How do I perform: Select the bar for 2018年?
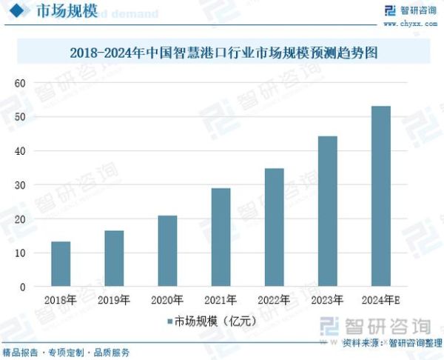coord(61,264)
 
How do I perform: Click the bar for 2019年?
coord(114,259)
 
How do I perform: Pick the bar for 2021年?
coord(221,238)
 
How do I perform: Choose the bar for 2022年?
coord(274,227)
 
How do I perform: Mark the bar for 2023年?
coord(327,211)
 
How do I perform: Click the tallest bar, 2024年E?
coord(380,196)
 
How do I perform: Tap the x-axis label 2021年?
coord(221,301)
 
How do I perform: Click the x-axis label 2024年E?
coord(381,301)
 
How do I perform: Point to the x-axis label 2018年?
coord(61,301)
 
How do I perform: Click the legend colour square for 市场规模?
coord(170,321)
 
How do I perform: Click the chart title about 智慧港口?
coord(222,53)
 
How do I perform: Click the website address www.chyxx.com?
coord(410,24)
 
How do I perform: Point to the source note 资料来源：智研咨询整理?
coord(391,344)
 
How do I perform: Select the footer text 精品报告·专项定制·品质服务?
coord(67,353)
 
